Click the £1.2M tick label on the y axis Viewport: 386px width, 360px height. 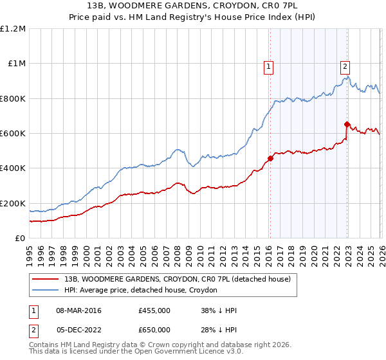tap(13, 29)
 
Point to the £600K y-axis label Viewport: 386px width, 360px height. tap(13, 134)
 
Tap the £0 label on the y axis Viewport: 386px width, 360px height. tap(21, 239)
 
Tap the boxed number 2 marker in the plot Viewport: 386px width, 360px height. tap(345, 65)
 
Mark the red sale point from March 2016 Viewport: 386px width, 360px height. tap(270, 159)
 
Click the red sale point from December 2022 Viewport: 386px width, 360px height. tap(347, 125)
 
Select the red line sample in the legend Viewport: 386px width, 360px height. tap(47, 280)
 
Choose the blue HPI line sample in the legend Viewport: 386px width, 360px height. tap(47, 291)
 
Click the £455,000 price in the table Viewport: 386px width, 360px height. tap(154, 310)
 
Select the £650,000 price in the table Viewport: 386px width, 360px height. tap(154, 330)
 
